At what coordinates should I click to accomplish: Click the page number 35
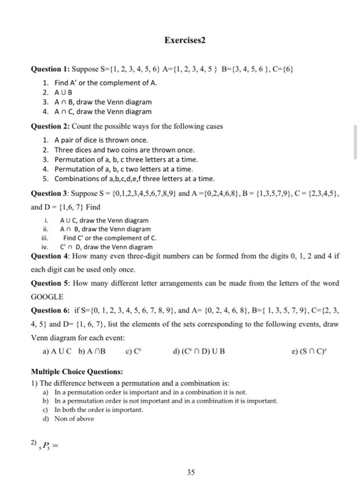pos(179,470)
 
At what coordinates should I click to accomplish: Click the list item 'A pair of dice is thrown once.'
pos(99,140)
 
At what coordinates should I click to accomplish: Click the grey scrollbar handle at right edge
pos(354,143)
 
